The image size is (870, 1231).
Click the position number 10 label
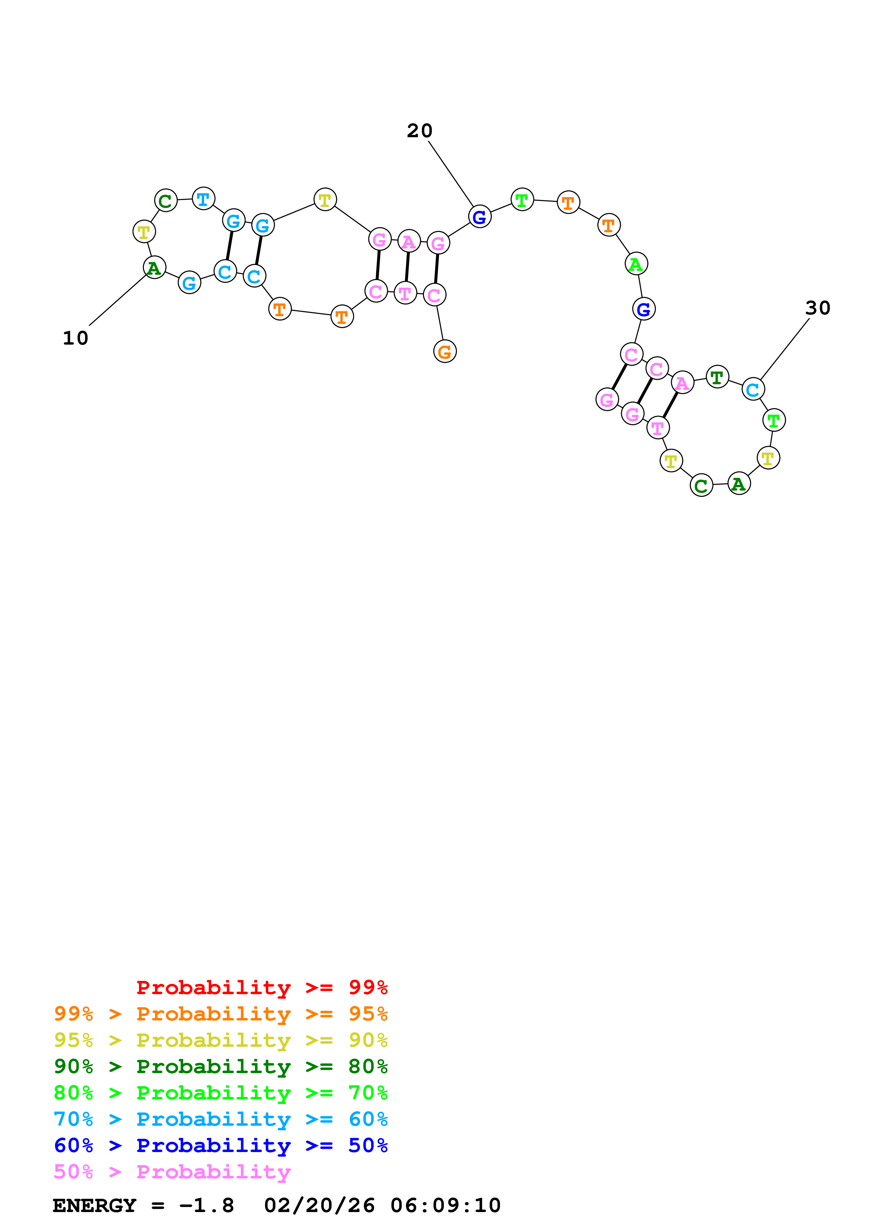pyautogui.click(x=75, y=338)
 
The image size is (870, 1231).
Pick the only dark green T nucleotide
pyautogui.click(x=717, y=378)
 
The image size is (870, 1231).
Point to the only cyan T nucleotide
pyautogui.click(x=203, y=199)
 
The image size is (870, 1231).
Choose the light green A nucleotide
pyautogui.click(x=636, y=264)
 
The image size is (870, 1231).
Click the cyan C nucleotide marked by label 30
pyautogui.click(x=752, y=389)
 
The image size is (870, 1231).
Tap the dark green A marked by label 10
pyautogui.click(x=154, y=267)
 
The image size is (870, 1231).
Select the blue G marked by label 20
pyautogui.click(x=479, y=217)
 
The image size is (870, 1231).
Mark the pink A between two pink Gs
pyautogui.click(x=409, y=242)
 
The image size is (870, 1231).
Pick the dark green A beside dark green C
pyautogui.click(x=739, y=484)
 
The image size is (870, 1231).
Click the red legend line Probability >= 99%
pyautogui.click(x=261, y=987)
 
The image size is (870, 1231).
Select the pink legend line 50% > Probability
pyautogui.click(x=172, y=1172)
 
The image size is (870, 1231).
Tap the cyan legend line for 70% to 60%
pyautogui.click(x=220, y=1119)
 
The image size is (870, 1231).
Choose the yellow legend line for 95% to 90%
pyautogui.click(x=220, y=1040)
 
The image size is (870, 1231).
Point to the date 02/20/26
pyautogui.click(x=319, y=1206)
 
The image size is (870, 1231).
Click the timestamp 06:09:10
pyautogui.click(x=445, y=1206)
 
